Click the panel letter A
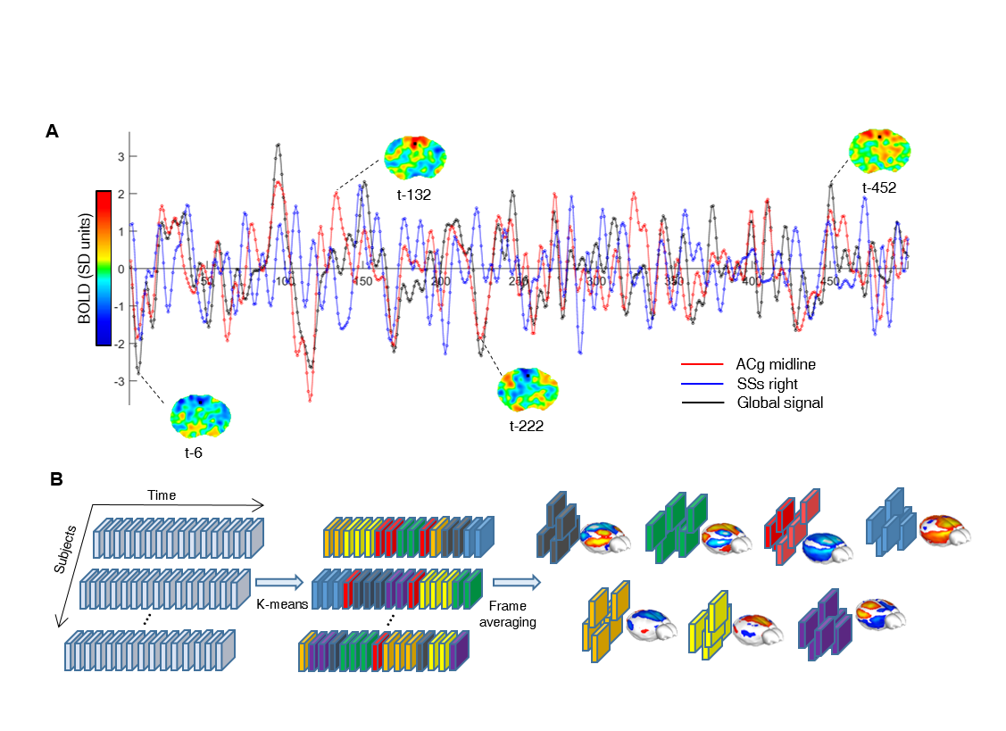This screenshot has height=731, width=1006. click(x=53, y=131)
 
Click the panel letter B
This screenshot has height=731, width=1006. click(x=55, y=479)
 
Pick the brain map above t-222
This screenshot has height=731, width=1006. click(x=528, y=389)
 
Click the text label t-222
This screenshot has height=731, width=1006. click(x=527, y=426)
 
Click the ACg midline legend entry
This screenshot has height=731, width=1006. click(x=775, y=364)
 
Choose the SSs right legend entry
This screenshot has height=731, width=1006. click(x=767, y=384)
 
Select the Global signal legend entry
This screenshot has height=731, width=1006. click(x=779, y=403)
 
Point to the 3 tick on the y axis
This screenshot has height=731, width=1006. click(x=120, y=156)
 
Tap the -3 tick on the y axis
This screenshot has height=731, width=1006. click(x=117, y=381)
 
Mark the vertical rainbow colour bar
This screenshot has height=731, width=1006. click(x=104, y=268)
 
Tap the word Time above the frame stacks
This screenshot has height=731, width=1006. click(x=162, y=495)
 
